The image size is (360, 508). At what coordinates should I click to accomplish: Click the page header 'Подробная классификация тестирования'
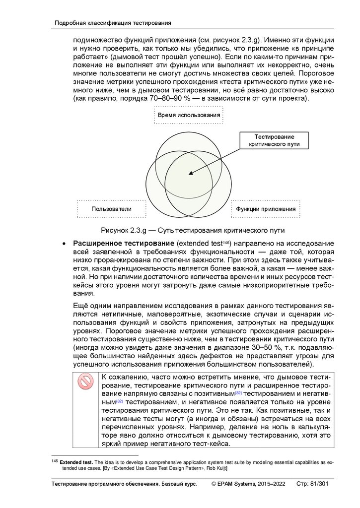pos(113,23)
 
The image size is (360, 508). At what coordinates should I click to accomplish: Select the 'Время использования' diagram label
pos(189,116)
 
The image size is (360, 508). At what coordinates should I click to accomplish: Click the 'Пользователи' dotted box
pos(111,209)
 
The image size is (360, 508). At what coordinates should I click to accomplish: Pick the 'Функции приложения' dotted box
pos(266,209)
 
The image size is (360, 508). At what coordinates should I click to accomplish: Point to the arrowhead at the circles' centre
pos(191,173)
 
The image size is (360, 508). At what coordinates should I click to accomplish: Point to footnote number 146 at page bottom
pos(55,461)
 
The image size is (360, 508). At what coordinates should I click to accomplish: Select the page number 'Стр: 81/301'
pos(312,484)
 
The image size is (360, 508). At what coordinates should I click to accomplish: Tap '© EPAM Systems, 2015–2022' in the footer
pos(248,484)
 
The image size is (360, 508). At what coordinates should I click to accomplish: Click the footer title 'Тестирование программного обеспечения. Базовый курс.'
pos(125,484)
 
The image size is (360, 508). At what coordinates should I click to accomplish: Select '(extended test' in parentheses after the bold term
pos(202,244)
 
